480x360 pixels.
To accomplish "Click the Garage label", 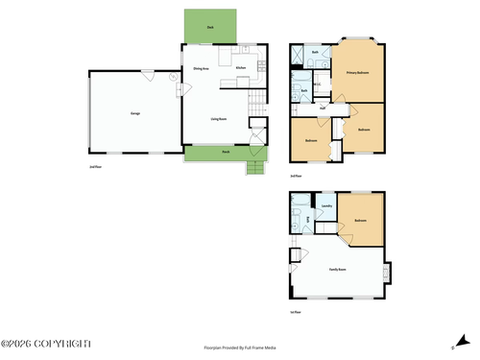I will click(x=134, y=112).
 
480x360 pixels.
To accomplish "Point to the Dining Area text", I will click(x=201, y=68).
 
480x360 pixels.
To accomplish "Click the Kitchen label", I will click(x=241, y=68).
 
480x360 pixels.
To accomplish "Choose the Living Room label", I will click(x=218, y=118).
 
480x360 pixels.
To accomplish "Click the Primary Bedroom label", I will click(x=358, y=73).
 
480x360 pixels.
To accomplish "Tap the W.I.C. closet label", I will click(x=318, y=85).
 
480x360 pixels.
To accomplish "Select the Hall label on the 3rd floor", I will click(x=323, y=108).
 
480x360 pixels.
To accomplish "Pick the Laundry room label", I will click(x=326, y=205).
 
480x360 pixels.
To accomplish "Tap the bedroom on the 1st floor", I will click(x=359, y=221).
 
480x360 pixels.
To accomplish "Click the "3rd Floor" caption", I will click(x=296, y=176).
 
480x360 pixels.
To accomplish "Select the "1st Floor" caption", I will click(x=296, y=312).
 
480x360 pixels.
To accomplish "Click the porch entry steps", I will click(x=254, y=169).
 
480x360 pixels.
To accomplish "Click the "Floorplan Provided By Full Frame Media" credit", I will click(x=240, y=348).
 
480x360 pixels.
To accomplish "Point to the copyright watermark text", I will click(x=46, y=343).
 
